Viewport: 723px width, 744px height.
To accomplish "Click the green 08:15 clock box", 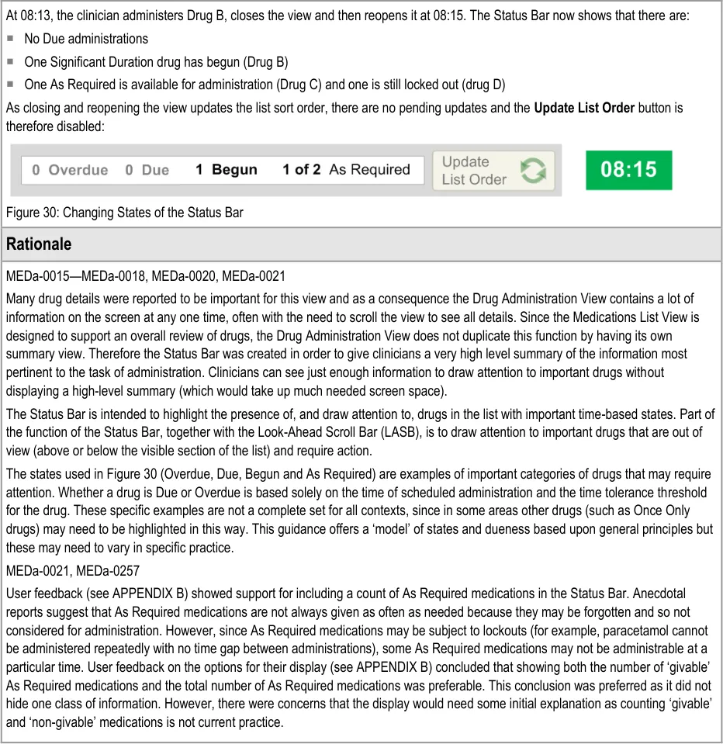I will coord(628,170).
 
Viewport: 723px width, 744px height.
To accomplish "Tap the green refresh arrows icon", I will coord(533,171).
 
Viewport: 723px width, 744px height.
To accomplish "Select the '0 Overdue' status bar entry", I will coord(70,170).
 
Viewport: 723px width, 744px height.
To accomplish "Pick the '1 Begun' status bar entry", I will coord(226,170).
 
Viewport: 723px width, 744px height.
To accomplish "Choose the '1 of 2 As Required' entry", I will coord(346,170).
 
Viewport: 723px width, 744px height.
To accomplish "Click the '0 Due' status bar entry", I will coord(147,170).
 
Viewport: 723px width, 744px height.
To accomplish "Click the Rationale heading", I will coord(39,244).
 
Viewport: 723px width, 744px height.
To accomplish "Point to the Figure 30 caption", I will coord(124,212).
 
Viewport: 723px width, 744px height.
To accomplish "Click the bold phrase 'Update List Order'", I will coord(584,108).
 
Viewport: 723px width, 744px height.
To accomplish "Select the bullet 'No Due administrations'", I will coord(86,39).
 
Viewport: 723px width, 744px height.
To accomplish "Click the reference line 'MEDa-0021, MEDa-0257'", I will coord(73,571).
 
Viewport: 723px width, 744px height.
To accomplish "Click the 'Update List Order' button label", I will coord(473,171).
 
